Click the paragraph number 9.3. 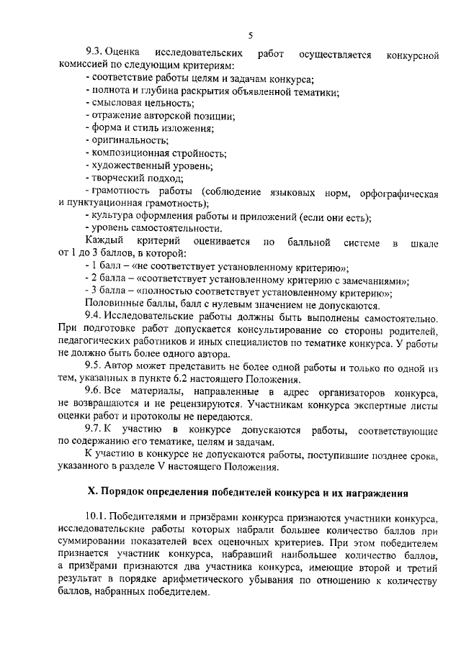coord(94,54)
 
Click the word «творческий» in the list coord(114,178)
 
